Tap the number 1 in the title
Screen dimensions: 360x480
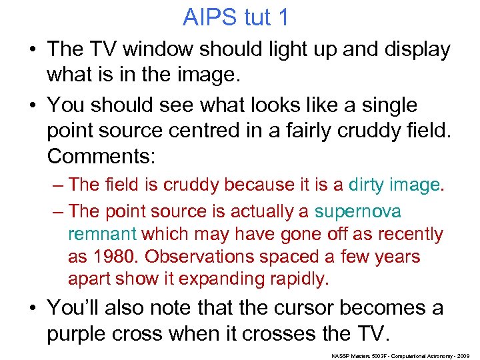pos(283,17)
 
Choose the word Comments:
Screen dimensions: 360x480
pos(101,157)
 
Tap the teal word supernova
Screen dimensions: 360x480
pos(358,211)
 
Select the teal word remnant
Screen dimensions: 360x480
pos(102,234)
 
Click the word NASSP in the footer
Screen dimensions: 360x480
pos(341,356)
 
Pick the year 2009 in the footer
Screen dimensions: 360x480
pos(465,356)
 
